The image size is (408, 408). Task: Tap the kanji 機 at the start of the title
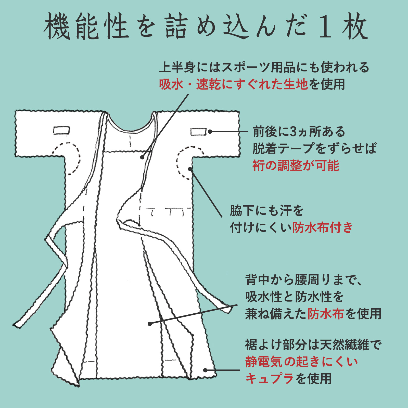point(57,27)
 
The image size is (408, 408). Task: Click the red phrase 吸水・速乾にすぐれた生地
point(233,84)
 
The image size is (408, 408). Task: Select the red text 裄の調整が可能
point(296,165)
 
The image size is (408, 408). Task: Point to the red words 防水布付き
point(322,227)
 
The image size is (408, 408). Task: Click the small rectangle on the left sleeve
point(61,130)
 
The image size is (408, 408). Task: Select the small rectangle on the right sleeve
point(198,132)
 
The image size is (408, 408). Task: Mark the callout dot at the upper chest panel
point(142,158)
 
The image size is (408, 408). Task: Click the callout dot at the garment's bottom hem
point(205,370)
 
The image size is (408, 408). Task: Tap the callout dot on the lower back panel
point(150,324)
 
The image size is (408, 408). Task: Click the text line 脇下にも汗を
point(266,211)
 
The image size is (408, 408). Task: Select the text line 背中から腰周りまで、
point(303,280)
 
